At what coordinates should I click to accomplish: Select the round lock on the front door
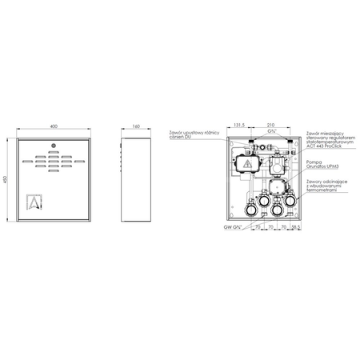(52, 146)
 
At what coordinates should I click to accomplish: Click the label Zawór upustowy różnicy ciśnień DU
(189, 134)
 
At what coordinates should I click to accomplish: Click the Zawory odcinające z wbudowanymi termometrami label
(328, 187)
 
